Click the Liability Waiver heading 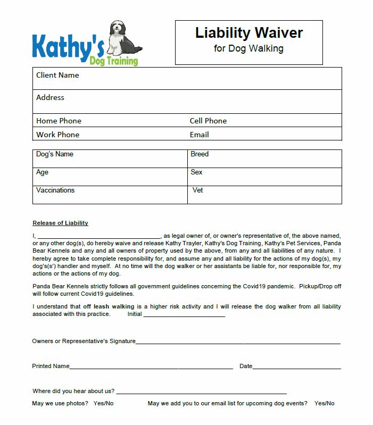248,33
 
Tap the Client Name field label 57,76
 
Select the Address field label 50,98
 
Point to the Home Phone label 59,121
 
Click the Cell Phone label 208,121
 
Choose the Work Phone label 57,135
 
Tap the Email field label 199,135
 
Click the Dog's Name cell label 55,154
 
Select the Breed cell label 200,154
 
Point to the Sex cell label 196,172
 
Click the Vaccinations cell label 55,190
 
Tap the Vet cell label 198,190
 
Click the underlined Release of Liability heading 60,223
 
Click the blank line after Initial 184,314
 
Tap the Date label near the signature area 246,366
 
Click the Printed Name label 51,366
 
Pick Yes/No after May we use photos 103,403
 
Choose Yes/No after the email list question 324,403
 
